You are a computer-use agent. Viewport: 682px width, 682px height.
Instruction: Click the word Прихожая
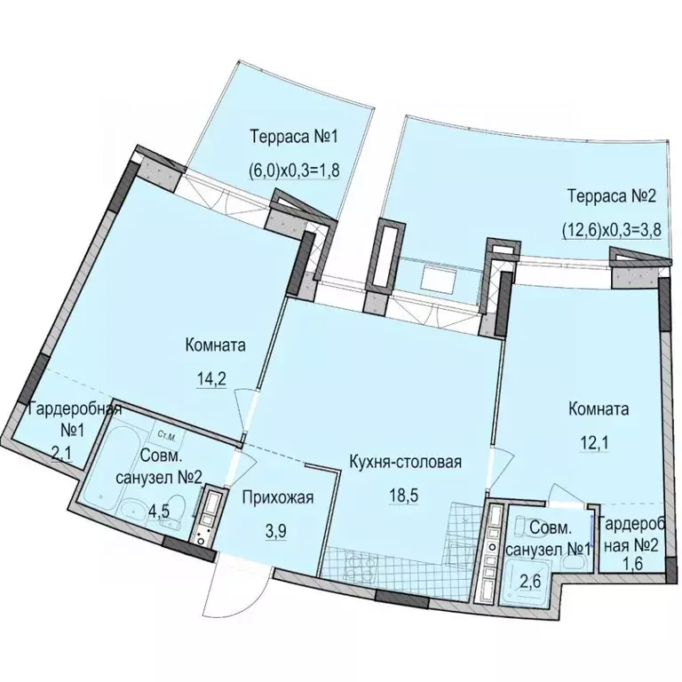click(277, 497)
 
